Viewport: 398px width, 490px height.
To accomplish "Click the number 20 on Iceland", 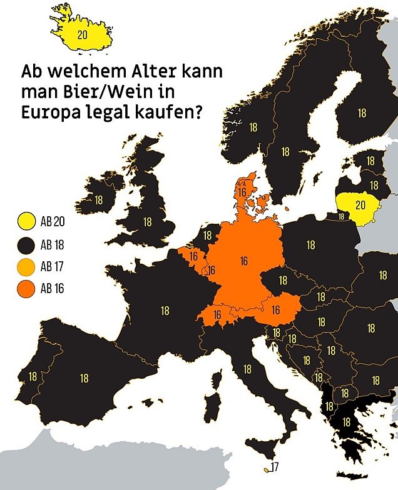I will (82, 35).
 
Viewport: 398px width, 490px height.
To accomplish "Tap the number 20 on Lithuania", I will (360, 204).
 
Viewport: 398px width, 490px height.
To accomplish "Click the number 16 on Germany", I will (243, 261).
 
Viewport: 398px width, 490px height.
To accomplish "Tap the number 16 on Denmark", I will (242, 192).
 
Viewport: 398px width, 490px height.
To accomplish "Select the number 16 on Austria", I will (275, 309).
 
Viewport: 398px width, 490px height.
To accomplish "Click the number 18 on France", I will (165, 310).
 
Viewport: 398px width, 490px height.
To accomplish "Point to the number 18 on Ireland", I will (98, 200).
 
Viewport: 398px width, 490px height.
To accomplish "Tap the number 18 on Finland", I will (361, 113).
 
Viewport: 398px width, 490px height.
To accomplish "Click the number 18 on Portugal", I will (33, 377).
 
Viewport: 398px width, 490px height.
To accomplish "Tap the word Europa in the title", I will (52, 113).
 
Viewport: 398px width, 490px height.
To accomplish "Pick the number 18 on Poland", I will (310, 245).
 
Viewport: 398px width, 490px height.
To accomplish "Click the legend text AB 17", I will (52, 267).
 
